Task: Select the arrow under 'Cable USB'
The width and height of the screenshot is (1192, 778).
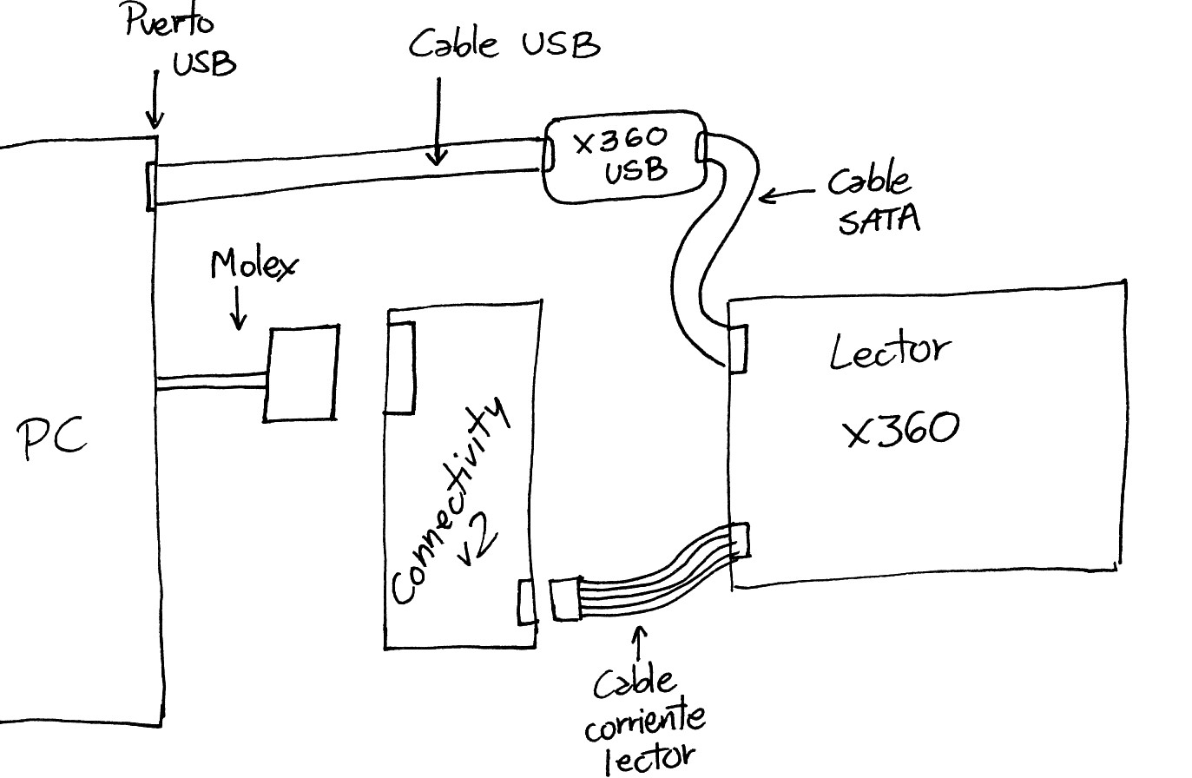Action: [438, 122]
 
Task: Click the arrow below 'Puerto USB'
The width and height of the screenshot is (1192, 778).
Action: [155, 100]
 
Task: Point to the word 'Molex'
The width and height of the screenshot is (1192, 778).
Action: [252, 265]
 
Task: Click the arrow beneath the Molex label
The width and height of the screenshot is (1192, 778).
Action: [236, 309]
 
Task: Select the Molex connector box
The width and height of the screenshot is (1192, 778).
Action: [301, 374]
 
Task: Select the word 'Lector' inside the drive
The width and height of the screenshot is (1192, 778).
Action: [889, 350]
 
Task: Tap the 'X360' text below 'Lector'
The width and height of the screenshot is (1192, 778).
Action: [902, 429]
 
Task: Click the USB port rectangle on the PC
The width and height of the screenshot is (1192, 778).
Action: [152, 186]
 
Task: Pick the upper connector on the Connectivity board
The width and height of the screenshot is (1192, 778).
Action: [402, 366]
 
